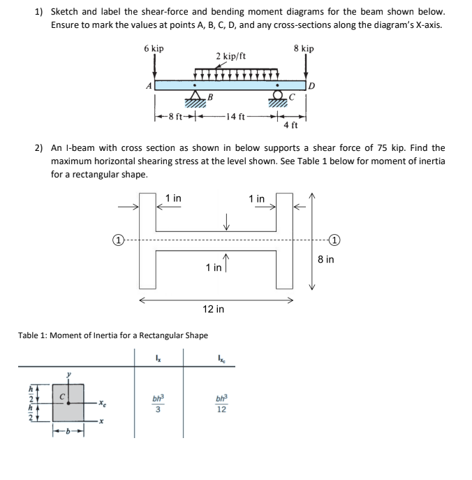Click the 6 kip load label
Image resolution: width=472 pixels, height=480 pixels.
pyautogui.click(x=154, y=48)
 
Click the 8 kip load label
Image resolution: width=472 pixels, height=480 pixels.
pyautogui.click(x=304, y=48)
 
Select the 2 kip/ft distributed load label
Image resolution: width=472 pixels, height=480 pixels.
pyautogui.click(x=230, y=57)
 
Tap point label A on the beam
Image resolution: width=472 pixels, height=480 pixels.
pyautogui.click(x=148, y=86)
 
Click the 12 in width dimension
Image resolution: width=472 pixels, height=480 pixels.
pyautogui.click(x=213, y=308)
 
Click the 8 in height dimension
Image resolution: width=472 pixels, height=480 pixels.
pyautogui.click(x=325, y=259)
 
